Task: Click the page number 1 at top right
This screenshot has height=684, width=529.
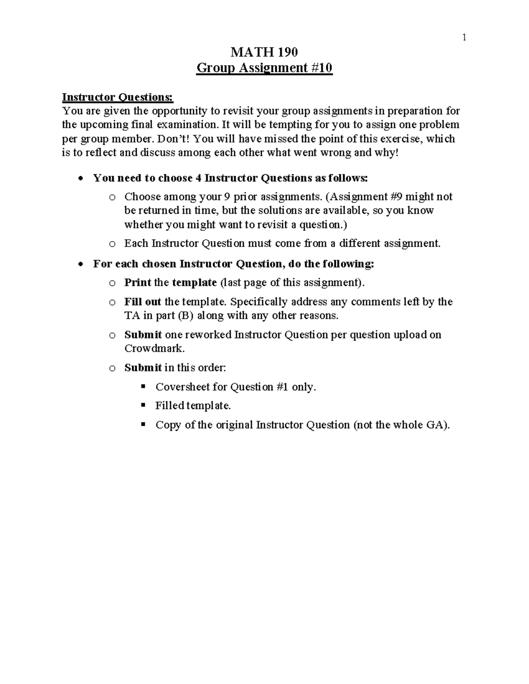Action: coord(464,38)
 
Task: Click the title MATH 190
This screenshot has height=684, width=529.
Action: coord(264,52)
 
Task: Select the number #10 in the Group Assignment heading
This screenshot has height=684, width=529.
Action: coord(320,68)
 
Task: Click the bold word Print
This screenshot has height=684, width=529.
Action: coord(138,282)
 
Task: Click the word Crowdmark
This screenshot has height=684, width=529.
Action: coord(154,348)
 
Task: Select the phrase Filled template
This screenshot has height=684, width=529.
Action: coord(193,406)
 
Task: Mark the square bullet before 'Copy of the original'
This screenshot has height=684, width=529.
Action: coord(143,425)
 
